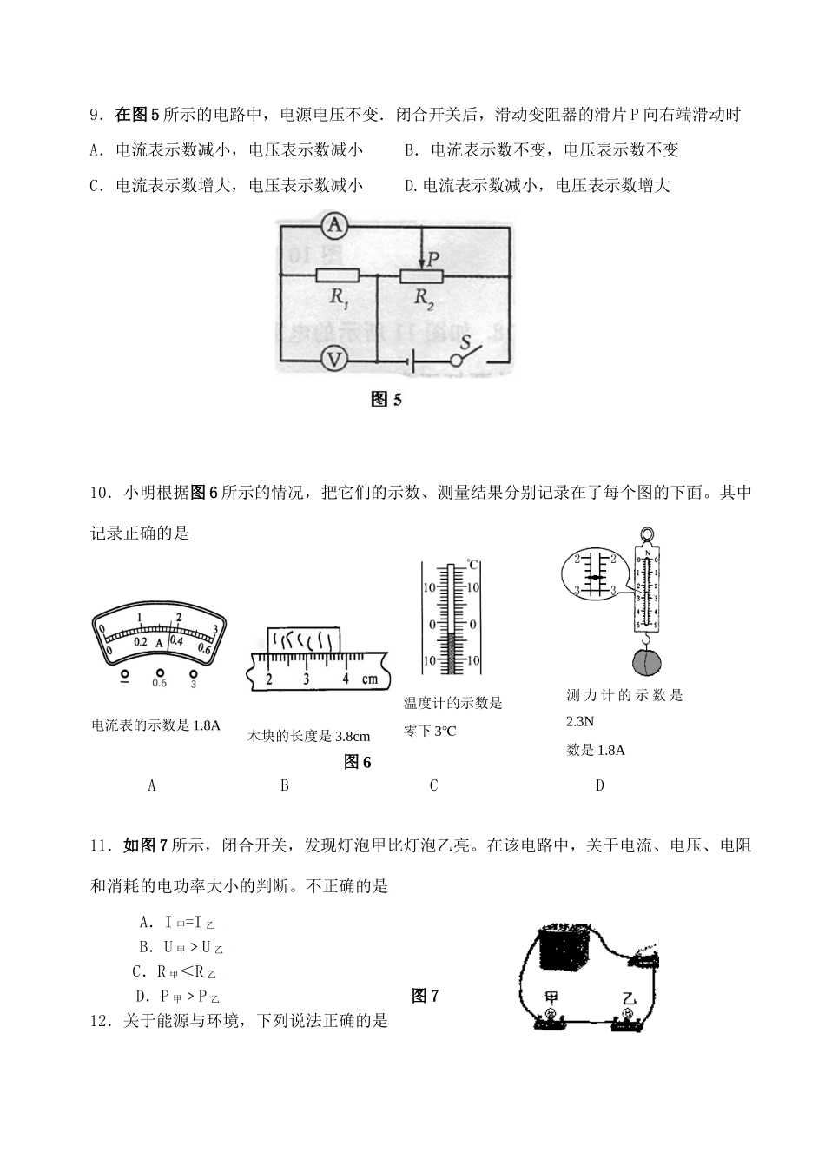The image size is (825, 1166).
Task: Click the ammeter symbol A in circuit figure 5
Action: (x=334, y=227)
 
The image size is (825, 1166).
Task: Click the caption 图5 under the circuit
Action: (x=386, y=400)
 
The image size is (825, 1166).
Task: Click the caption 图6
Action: (x=357, y=762)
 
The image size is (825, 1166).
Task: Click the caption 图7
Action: (x=425, y=996)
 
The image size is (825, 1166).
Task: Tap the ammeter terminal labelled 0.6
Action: (x=159, y=683)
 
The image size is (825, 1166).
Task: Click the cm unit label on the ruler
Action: (x=370, y=679)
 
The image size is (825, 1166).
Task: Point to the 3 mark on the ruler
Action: (x=307, y=679)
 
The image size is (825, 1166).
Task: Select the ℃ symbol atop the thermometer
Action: (x=472, y=566)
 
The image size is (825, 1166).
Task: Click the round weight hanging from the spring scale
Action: (x=646, y=661)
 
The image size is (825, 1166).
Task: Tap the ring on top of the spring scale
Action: (x=646, y=535)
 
